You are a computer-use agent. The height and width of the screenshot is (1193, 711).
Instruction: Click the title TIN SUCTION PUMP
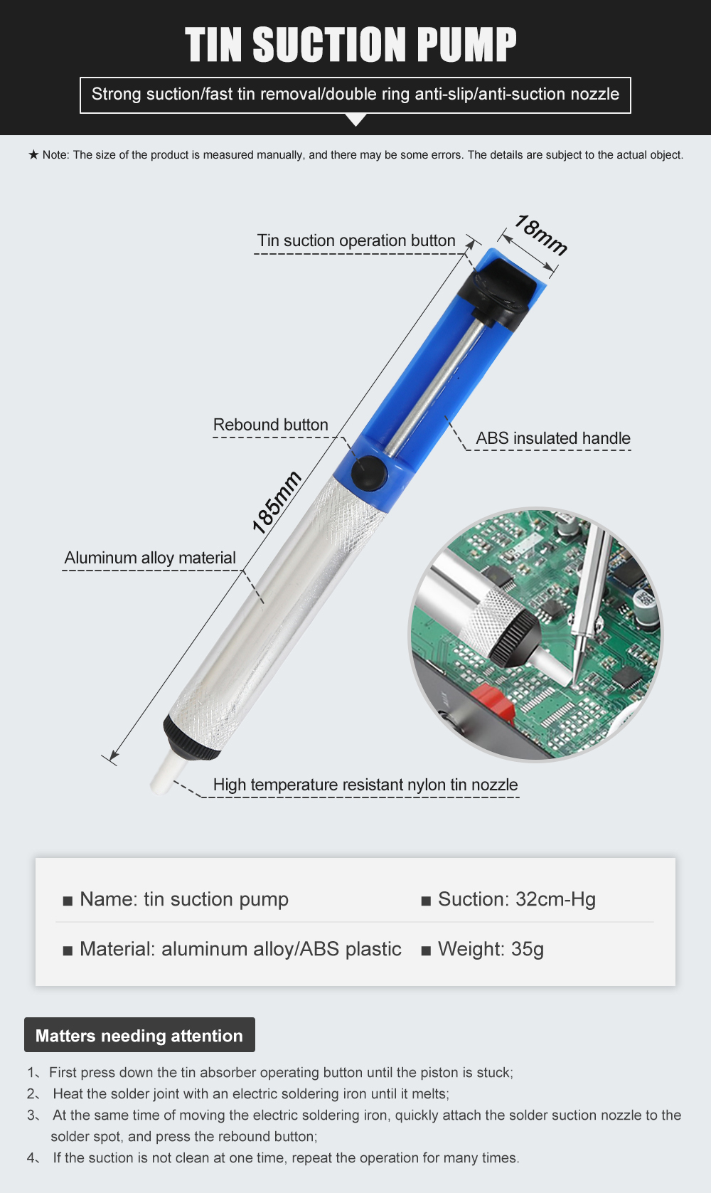(x=351, y=45)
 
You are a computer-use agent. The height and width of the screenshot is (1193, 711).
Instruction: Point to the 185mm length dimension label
(x=277, y=502)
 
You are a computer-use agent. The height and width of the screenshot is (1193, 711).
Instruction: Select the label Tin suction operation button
(x=356, y=240)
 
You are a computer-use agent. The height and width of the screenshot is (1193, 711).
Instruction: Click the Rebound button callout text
(x=270, y=425)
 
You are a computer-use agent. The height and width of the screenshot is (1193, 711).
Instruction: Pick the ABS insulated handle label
(x=553, y=438)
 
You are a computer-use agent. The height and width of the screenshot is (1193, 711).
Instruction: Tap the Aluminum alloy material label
(x=150, y=558)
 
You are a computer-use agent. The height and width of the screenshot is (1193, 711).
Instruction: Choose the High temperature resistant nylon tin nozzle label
(x=365, y=785)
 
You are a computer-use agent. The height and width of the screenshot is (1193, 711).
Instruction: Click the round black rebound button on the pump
(x=369, y=472)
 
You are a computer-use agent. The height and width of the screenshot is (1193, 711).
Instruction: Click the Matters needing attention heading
(x=139, y=1036)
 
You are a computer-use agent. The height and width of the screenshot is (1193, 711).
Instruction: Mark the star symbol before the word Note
(x=33, y=155)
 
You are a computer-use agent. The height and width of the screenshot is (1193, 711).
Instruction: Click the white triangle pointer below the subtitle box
(x=356, y=120)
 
